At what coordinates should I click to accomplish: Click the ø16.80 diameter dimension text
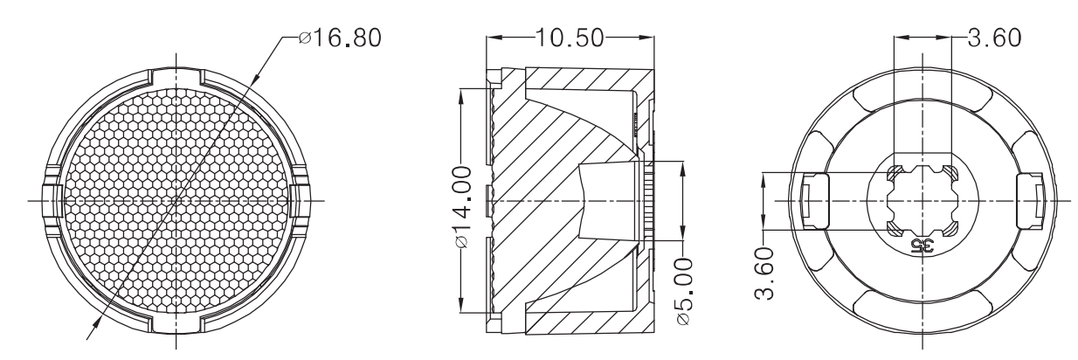click(340, 38)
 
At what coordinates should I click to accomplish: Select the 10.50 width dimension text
click(570, 38)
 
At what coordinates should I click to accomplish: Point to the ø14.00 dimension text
click(463, 207)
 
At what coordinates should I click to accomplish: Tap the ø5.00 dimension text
click(684, 291)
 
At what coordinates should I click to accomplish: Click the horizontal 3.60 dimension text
click(994, 38)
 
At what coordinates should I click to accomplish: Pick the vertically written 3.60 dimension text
click(764, 273)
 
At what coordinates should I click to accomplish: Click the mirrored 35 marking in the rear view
click(922, 246)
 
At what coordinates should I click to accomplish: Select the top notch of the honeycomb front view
click(176, 77)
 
